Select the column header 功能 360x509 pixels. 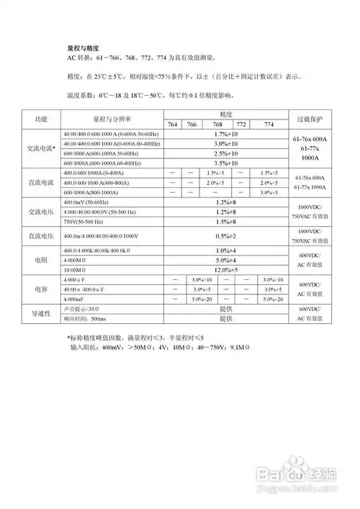pyautogui.click(x=41, y=119)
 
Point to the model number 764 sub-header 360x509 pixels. pyautogui.click(x=173, y=125)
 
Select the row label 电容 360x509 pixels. pyautogui.click(x=41, y=289)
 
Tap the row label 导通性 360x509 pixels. pyautogui.click(x=41, y=313)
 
